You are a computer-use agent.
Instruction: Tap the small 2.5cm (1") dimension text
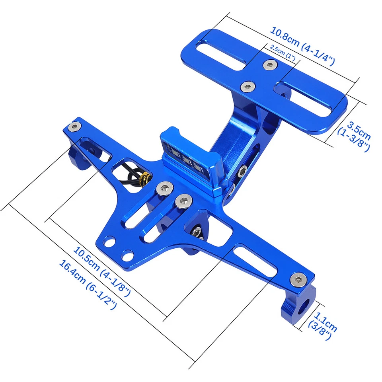pos(283,53)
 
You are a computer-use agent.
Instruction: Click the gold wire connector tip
pos(146,178)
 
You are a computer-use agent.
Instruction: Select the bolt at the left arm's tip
pos(74,127)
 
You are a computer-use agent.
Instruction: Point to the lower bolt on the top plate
pos(248,86)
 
